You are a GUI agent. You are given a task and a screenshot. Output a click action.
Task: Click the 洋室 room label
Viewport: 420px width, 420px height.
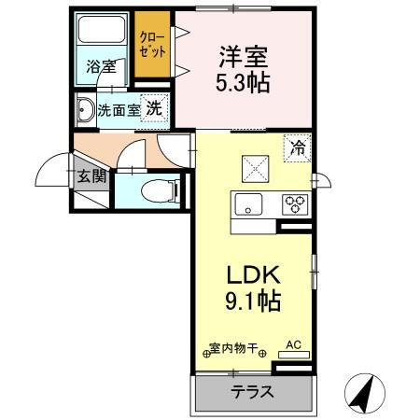click(x=245, y=55)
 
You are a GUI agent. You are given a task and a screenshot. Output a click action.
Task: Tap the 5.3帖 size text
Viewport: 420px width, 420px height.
click(x=245, y=83)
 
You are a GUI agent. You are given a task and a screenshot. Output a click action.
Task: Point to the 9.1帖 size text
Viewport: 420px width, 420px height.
click(x=251, y=302)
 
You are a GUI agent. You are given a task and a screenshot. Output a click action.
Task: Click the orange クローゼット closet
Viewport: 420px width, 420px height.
click(x=151, y=46)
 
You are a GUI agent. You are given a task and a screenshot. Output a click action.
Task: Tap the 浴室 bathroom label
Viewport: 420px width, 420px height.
click(x=100, y=67)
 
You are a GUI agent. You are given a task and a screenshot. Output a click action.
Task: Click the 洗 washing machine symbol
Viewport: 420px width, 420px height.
click(x=154, y=106)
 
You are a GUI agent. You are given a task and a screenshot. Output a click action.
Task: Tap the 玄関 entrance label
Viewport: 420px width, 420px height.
click(x=90, y=175)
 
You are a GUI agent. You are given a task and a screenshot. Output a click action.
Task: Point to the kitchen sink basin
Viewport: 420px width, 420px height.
click(x=250, y=204)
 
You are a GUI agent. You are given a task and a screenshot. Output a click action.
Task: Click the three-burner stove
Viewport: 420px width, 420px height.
click(x=296, y=203)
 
